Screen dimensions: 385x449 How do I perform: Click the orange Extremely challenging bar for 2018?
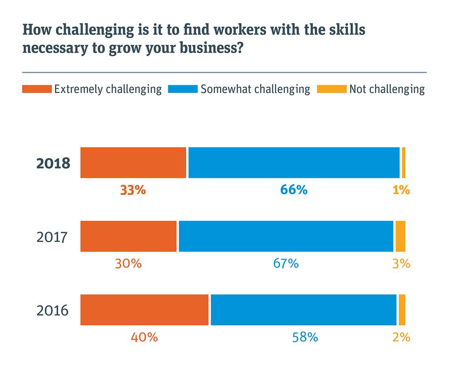click(x=133, y=163)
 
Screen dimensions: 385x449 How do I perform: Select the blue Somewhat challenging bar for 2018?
click(x=294, y=163)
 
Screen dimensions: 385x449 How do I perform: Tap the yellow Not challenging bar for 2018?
click(x=404, y=163)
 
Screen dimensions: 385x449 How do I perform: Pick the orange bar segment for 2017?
click(x=128, y=236)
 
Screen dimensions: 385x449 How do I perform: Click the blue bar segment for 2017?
click(x=286, y=236)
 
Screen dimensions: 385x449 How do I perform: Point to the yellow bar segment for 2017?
click(x=400, y=236)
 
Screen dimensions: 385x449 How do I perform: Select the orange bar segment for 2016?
click(x=144, y=310)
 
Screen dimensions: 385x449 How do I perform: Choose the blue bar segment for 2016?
click(x=303, y=310)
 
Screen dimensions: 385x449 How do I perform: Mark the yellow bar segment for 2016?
click(x=402, y=310)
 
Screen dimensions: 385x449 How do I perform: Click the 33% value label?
click(x=133, y=190)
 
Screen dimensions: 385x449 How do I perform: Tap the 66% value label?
click(x=294, y=190)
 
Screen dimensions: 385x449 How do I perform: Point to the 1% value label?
click(x=401, y=190)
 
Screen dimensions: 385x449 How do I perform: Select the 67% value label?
click(x=286, y=264)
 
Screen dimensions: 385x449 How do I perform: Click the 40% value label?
click(x=144, y=337)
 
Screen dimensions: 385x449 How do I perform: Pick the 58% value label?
click(x=305, y=337)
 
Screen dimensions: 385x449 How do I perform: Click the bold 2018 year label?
click(x=53, y=163)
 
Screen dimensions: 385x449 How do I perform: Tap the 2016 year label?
click(x=52, y=311)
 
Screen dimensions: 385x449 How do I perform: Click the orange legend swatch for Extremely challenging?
click(x=37, y=89)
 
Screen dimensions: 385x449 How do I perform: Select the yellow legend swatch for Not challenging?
click(x=331, y=89)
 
